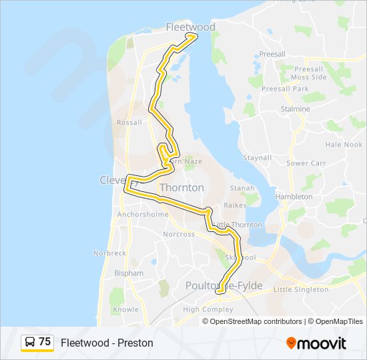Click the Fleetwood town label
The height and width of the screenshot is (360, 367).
(190, 27)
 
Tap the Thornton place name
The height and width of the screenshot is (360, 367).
(181, 188)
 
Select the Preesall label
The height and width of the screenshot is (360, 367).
(272, 55)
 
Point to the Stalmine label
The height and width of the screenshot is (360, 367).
(296, 109)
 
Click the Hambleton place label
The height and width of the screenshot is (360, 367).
(294, 197)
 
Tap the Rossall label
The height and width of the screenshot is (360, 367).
(129, 123)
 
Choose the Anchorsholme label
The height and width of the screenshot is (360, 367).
(143, 215)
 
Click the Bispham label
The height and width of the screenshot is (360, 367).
(129, 273)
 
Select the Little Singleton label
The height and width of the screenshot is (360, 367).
(301, 289)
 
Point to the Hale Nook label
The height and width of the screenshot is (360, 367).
(344, 145)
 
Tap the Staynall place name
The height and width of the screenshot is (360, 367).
(257, 158)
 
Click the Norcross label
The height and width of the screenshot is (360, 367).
(179, 235)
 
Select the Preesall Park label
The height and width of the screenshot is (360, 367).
(285, 89)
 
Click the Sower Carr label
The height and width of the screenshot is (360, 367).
(306, 163)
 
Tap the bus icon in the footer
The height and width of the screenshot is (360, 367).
(30, 342)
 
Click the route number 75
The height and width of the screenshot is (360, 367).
(45, 342)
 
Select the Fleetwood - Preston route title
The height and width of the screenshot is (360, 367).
(107, 343)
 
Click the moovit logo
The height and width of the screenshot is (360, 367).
(316, 343)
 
